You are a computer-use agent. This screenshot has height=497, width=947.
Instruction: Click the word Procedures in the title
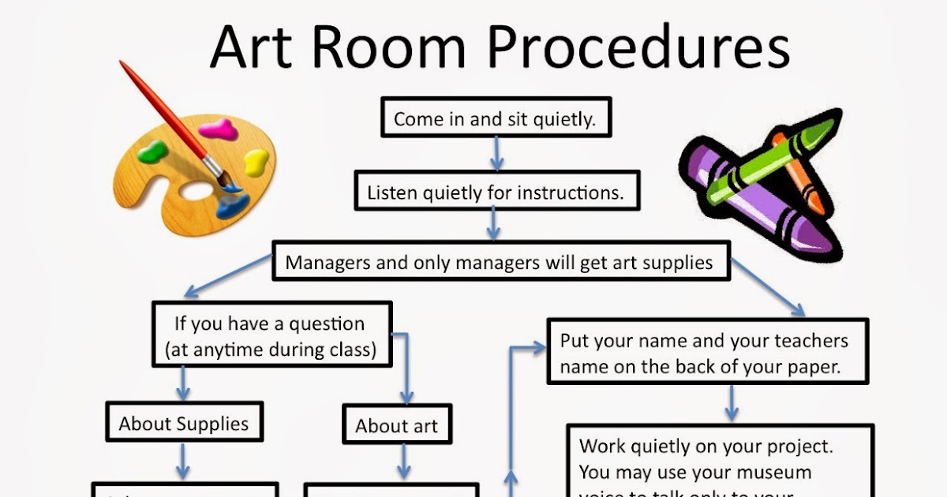[638, 47]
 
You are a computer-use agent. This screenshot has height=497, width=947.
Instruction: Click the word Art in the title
[251, 47]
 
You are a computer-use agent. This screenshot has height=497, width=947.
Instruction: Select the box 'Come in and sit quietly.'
[494, 119]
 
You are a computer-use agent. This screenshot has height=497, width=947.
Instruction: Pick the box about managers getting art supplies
[500, 262]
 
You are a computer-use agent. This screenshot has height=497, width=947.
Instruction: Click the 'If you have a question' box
[271, 335]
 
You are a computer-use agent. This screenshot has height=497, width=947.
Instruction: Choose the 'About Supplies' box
[183, 424]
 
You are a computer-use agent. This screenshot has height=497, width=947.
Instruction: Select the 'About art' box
[396, 426]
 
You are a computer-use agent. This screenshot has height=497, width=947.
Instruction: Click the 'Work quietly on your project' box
[718, 465]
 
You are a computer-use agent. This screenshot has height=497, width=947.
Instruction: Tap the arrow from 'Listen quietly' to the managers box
[493, 224]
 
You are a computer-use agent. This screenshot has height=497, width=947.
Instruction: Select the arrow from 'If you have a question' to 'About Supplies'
[183, 383]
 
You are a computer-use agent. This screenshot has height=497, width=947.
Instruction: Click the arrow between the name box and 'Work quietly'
[732, 403]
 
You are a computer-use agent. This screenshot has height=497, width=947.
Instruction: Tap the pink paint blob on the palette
[217, 129]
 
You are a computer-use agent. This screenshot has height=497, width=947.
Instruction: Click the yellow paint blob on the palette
[256, 163]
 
